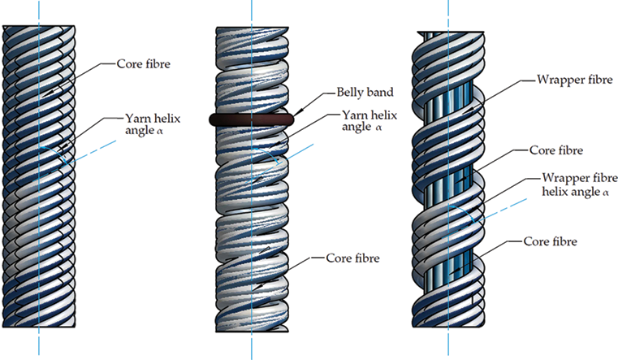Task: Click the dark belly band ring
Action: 251,120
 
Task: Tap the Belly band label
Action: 365,93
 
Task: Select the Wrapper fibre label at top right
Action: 575,80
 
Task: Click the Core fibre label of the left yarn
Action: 144,64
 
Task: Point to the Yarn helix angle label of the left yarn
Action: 153,124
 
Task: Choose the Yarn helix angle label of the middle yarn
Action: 370,120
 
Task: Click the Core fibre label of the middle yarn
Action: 352,258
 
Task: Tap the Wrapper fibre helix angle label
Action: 579,185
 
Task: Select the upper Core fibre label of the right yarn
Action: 556,150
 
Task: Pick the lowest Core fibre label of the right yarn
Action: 551,241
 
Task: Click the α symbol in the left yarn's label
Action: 159,132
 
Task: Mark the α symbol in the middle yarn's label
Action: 378,128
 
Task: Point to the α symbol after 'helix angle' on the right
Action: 606,193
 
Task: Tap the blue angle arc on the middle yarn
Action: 271,153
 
